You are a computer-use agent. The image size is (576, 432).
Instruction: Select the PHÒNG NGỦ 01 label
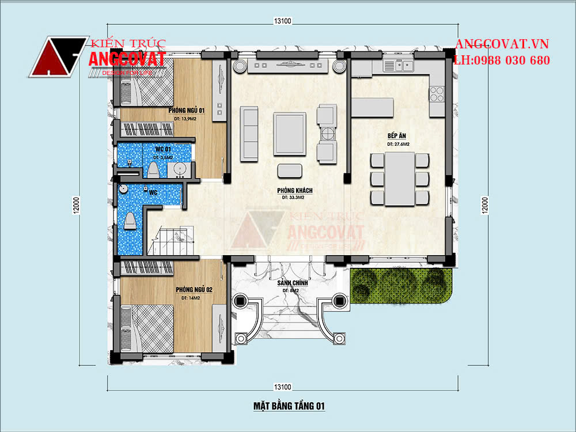(187, 110)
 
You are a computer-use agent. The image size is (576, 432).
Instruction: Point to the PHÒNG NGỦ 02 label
(195, 290)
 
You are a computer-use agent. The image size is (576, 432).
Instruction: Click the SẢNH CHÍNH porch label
(292, 283)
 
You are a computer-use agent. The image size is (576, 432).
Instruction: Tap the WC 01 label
(162, 149)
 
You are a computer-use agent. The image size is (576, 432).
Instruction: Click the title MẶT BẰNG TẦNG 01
(289, 406)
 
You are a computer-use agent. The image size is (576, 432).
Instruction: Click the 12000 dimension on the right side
(485, 204)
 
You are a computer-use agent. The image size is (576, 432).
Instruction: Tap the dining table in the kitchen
(400, 179)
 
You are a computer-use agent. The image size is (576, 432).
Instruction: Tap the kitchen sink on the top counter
(397, 65)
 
